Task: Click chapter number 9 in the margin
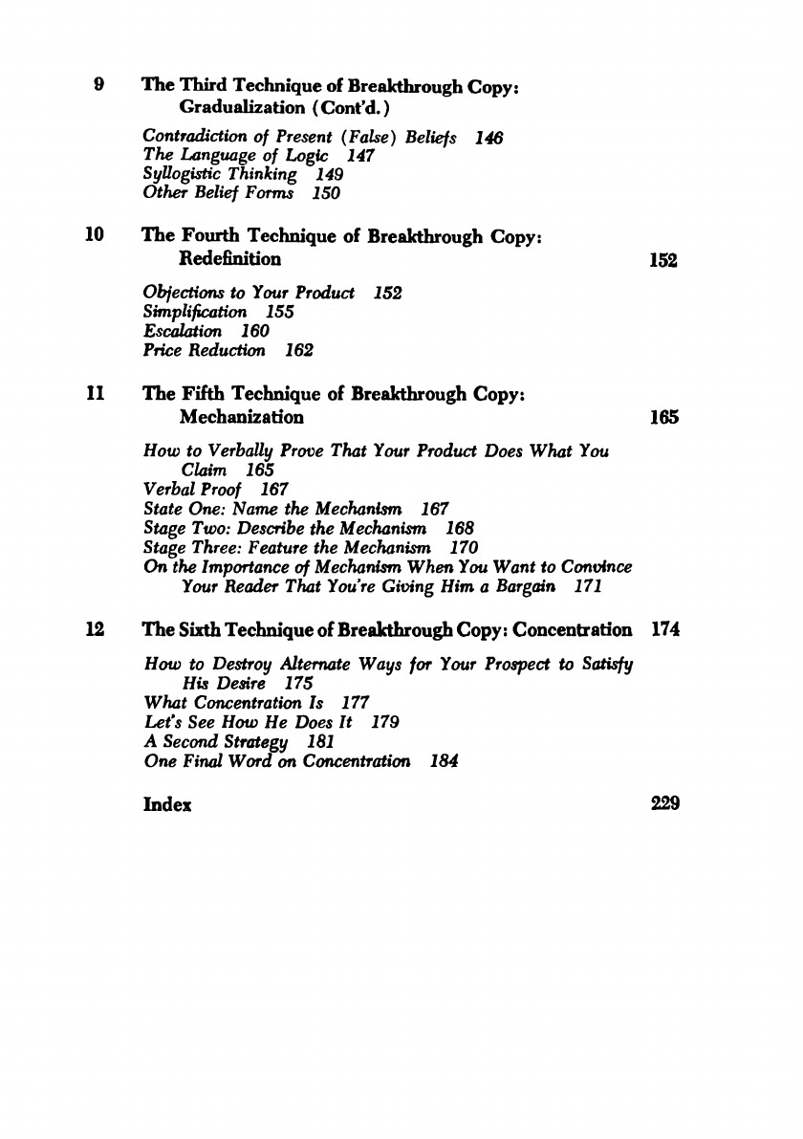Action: point(99,83)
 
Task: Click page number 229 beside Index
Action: point(663,804)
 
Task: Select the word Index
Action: point(167,804)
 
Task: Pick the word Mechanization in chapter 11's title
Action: point(242,417)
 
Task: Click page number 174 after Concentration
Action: point(663,630)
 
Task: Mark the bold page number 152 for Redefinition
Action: point(663,259)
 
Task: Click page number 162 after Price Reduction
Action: point(299,350)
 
